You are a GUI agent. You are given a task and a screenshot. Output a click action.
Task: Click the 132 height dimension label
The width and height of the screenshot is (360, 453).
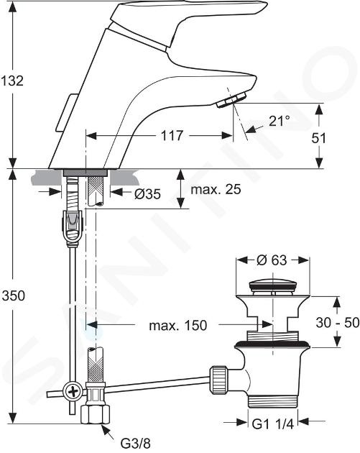[11, 81]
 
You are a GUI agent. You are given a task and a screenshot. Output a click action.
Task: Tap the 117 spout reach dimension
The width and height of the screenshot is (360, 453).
[172, 135]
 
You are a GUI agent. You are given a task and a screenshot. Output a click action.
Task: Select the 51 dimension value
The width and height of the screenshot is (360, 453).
[319, 138]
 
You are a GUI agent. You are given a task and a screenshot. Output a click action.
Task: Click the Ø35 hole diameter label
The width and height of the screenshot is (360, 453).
[147, 194]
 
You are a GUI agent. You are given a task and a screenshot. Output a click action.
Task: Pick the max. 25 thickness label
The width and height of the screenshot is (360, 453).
[216, 190]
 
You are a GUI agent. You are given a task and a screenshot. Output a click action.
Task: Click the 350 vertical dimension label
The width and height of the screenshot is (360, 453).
[13, 296]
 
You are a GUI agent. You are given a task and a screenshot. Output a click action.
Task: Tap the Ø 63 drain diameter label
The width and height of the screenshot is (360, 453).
[272, 260]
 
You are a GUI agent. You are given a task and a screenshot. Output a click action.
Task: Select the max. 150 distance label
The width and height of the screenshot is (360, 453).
[178, 325]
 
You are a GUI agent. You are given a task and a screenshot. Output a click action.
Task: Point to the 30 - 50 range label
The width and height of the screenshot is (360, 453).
[338, 322]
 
